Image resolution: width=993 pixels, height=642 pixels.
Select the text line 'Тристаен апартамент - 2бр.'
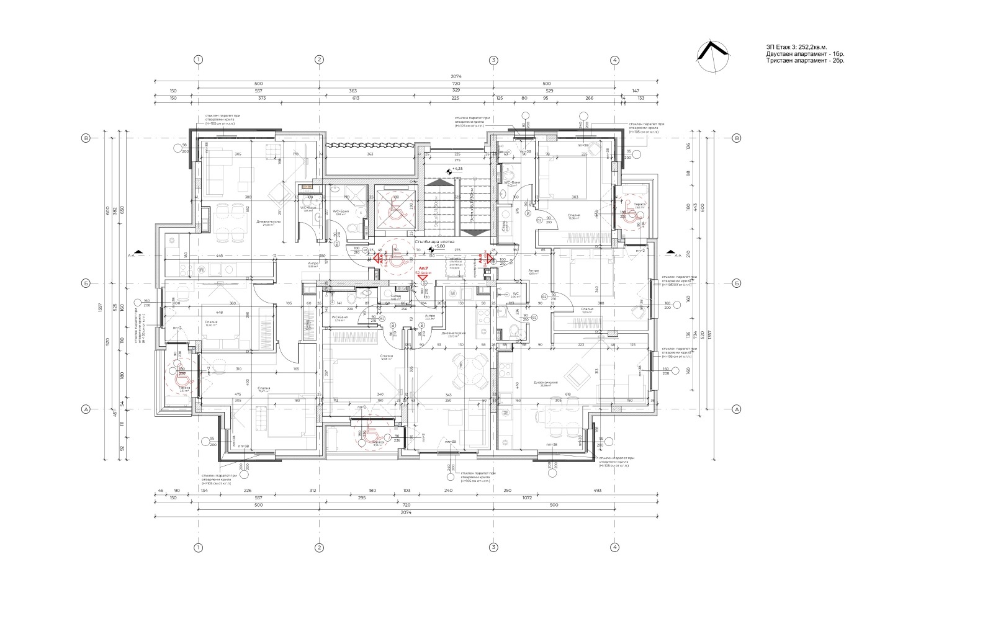point(805,61)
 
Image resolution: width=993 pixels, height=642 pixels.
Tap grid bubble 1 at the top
point(199,60)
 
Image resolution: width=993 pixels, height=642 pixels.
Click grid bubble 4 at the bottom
point(614,547)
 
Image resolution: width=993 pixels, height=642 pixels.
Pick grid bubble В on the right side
point(737,138)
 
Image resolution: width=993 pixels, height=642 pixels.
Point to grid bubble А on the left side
point(86,409)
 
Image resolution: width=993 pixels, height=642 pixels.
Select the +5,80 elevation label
point(439,246)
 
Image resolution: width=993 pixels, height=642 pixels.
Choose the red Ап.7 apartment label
point(423,269)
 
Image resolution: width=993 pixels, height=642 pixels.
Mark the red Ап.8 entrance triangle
point(490,257)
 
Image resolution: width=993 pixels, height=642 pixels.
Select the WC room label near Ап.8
point(515,294)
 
